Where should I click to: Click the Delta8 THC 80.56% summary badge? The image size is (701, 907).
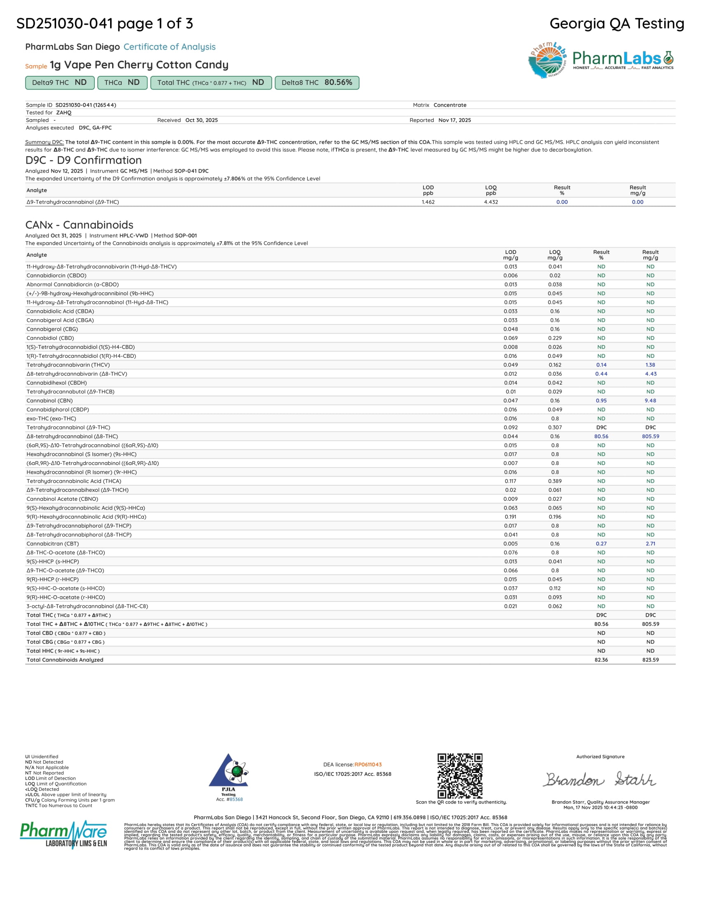coord(316,82)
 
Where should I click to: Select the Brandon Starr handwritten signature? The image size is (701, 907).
coord(600,780)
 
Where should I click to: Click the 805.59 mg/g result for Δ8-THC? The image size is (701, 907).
coord(650,437)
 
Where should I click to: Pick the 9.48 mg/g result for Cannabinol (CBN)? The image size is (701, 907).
coord(650,401)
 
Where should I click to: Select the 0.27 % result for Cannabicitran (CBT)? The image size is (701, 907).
coord(601,544)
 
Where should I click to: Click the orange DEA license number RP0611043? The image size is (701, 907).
coord(368,764)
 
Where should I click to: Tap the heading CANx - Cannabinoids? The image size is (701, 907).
coord(79,225)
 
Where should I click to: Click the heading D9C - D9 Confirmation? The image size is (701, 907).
coord(83,160)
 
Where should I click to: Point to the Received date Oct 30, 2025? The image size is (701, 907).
coord(201,120)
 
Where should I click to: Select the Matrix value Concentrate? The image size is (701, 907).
coord(450,105)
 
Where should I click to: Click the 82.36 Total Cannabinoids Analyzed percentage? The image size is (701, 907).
coord(601,660)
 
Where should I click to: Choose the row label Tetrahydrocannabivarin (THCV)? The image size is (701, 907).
coord(68,365)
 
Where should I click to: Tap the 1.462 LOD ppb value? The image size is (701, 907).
coord(428,202)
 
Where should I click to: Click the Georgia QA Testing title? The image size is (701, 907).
coord(617,23)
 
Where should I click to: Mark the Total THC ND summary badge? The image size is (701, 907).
coord(211,82)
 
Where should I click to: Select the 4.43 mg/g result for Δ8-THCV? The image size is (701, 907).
coord(650,374)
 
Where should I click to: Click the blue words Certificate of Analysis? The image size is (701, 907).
coord(169,47)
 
